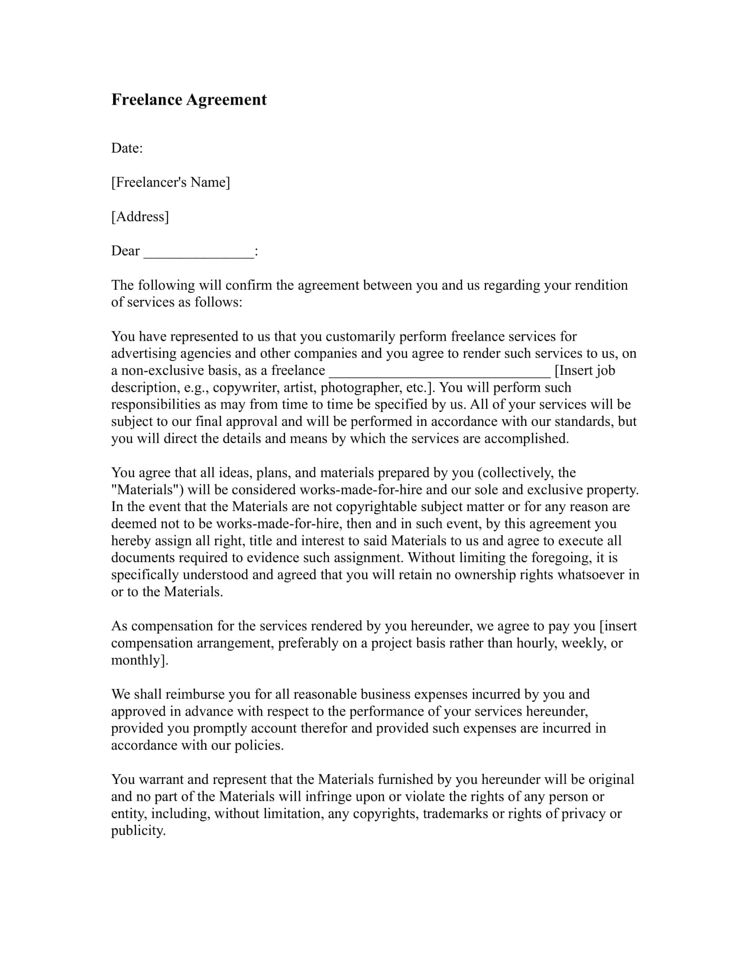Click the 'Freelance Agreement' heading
pos(188,100)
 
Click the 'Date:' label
pos(127,148)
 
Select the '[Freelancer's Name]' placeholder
pos(170,182)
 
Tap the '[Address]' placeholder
pos(140,217)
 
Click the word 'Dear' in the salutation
pos(125,251)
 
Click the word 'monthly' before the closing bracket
pos(135,660)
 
